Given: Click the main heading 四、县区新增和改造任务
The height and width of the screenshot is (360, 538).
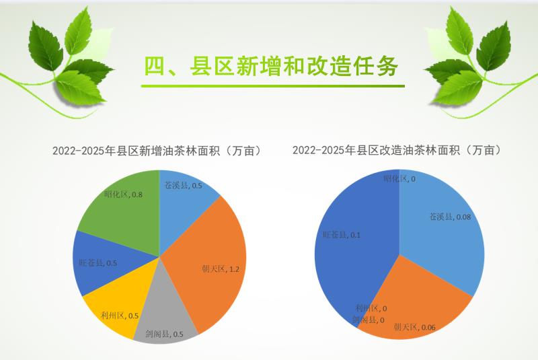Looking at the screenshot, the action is (x=271, y=65).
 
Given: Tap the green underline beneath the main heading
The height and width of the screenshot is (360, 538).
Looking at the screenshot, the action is (x=273, y=86).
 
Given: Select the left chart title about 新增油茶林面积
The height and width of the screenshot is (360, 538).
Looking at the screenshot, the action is (x=157, y=151).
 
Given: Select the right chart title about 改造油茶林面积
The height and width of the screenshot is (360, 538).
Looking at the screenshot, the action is (x=397, y=150).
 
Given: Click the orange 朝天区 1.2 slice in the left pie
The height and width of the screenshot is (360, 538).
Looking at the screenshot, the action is (x=209, y=261).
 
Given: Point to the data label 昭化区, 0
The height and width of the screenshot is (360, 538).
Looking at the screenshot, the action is (x=399, y=178).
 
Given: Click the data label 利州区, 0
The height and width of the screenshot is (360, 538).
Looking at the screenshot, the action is (x=371, y=308).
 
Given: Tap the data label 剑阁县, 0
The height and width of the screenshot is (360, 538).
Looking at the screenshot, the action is (x=368, y=320).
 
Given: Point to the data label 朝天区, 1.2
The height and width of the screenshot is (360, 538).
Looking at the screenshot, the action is (x=221, y=269).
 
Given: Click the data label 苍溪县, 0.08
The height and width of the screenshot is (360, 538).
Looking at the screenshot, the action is (x=451, y=217).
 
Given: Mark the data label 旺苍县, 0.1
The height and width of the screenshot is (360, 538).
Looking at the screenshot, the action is (x=342, y=235).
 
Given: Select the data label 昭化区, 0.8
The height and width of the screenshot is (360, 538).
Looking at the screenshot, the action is (x=123, y=194).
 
